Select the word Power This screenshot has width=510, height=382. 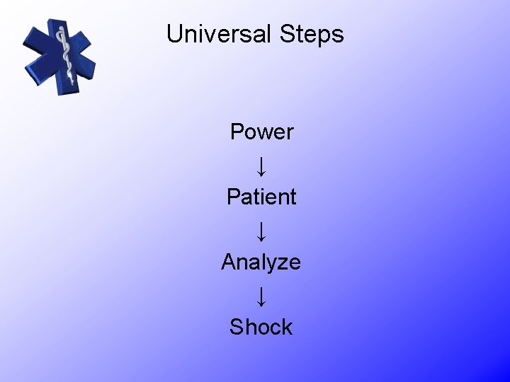coord(261,132)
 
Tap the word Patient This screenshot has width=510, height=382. coord(261,197)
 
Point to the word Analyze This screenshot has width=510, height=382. coord(261,262)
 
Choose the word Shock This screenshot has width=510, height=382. coord(261,327)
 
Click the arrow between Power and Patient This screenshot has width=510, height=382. coord(261,165)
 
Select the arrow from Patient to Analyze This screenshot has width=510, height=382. coord(261,230)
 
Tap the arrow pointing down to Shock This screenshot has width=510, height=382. coord(261,295)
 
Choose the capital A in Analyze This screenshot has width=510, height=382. coord(229,262)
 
